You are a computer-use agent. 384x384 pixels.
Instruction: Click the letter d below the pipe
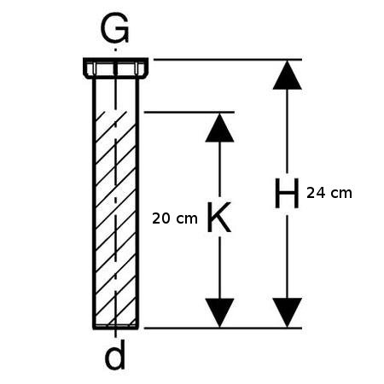click(115, 356)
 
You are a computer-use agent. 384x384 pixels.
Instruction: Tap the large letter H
click(287, 194)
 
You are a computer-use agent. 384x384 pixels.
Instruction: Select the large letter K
click(219, 217)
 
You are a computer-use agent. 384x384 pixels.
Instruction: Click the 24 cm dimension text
click(329, 193)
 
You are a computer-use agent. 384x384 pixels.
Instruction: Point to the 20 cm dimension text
click(175, 218)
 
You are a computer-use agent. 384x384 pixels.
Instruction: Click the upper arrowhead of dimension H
click(288, 75)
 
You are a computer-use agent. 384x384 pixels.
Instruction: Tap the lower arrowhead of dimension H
click(288, 312)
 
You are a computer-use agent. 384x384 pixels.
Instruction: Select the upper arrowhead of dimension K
click(219, 127)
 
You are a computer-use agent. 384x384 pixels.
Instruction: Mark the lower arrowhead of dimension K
click(219, 312)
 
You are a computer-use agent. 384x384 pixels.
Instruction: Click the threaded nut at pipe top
click(115, 68)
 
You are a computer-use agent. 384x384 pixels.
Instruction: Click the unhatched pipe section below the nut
click(116, 95)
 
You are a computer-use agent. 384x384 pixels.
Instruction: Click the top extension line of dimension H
click(228, 60)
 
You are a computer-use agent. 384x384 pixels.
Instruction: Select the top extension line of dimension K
click(189, 113)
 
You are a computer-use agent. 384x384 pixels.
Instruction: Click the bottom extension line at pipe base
click(223, 328)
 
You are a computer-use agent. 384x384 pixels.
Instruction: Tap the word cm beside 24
click(341, 194)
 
